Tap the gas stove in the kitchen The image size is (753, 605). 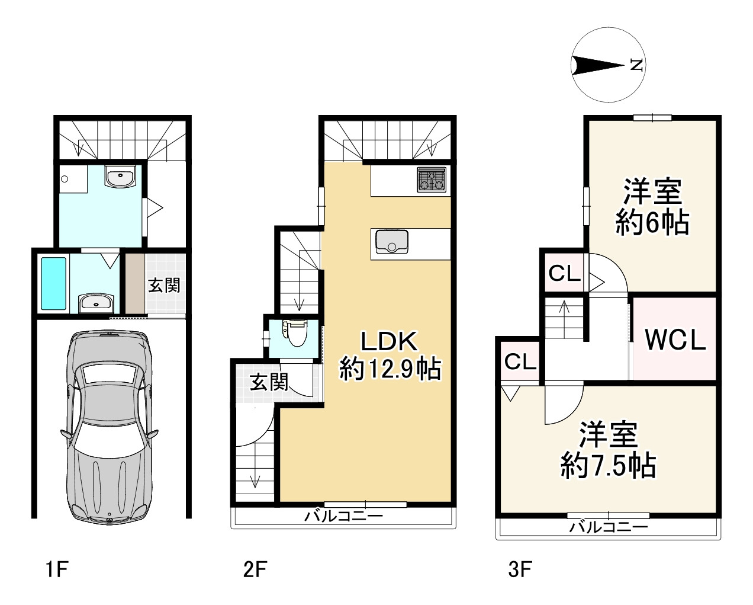pyautogui.click(x=432, y=180)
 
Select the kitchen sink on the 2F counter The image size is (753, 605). pyautogui.click(x=392, y=241)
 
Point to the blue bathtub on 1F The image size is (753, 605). pyautogui.click(x=53, y=284)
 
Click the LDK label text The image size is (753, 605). pyautogui.click(x=389, y=341)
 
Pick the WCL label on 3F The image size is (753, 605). pyautogui.click(x=675, y=340)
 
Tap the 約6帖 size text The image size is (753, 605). pyautogui.click(x=652, y=223)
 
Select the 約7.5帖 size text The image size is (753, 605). pyautogui.click(x=608, y=466)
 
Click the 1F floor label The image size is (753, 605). pyautogui.click(x=57, y=569)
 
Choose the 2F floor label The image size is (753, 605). pyautogui.click(x=255, y=569)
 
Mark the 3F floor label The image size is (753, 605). pyautogui.click(x=520, y=569)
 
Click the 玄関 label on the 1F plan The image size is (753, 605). pyautogui.click(x=164, y=286)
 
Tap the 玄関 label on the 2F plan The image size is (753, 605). pyautogui.click(x=269, y=382)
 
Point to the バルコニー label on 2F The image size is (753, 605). pyautogui.click(x=343, y=516)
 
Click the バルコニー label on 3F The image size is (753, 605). pyautogui.click(x=609, y=527)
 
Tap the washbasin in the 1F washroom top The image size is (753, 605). pyautogui.click(x=120, y=177)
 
